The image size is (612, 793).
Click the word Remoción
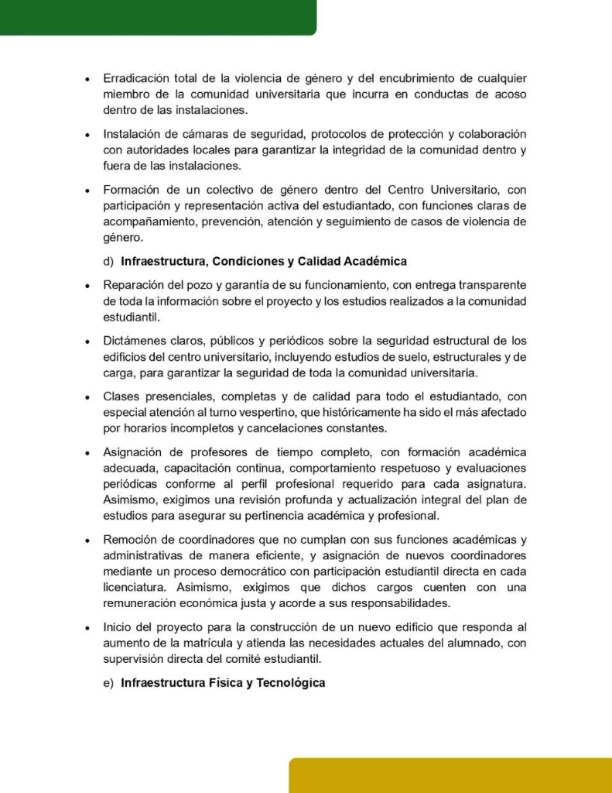(x=131, y=539)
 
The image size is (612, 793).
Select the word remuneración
(x=142, y=604)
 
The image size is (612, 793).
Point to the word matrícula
(x=241, y=643)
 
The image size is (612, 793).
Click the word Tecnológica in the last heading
(x=286, y=683)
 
